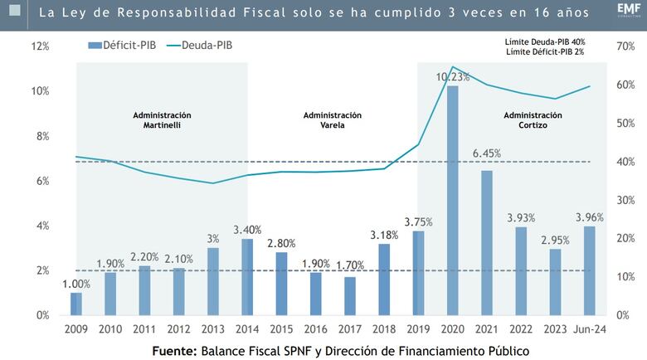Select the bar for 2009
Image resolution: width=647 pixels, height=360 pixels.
click(x=76, y=304)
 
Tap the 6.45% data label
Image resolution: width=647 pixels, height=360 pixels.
click(x=488, y=153)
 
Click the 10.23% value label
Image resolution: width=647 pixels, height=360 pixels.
click(x=454, y=76)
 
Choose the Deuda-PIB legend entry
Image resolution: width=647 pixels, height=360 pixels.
click(x=198, y=46)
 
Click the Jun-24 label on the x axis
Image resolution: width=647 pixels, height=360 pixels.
click(x=590, y=328)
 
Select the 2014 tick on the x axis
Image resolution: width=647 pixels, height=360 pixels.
click(x=247, y=328)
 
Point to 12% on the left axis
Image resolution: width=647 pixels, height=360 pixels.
click(x=40, y=46)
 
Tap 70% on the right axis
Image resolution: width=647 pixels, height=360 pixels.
click(x=626, y=46)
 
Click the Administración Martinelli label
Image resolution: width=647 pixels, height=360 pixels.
click(x=162, y=119)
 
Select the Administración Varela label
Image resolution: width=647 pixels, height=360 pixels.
click(x=333, y=119)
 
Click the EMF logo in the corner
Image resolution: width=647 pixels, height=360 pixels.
click(x=627, y=10)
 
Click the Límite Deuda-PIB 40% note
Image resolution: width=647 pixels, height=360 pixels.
click(x=544, y=41)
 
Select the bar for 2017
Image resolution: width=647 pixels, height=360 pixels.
click(x=350, y=296)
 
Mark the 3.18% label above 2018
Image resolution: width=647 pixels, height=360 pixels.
click(x=384, y=236)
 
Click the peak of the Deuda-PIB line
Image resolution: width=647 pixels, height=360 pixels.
click(x=453, y=67)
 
